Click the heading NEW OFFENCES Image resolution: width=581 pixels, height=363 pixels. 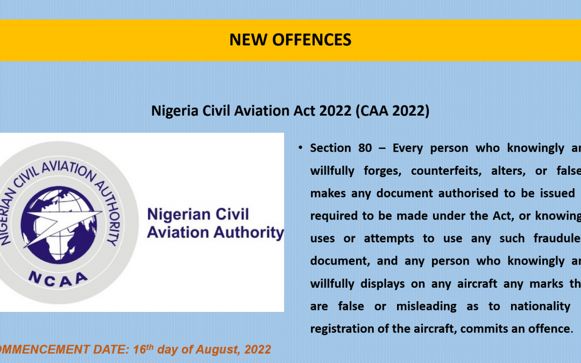(290, 40)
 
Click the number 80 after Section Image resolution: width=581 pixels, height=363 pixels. (365, 148)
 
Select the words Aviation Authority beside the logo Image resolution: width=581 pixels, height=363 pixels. (215, 233)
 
